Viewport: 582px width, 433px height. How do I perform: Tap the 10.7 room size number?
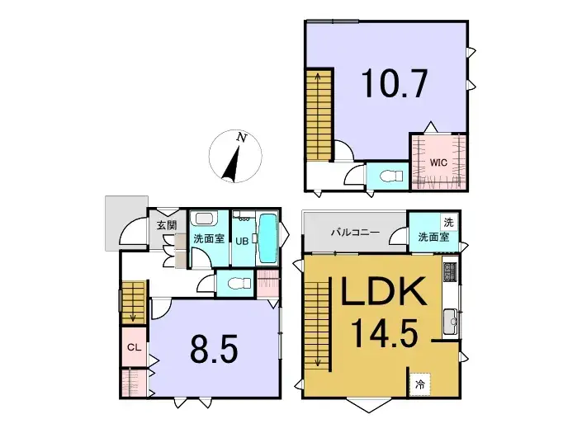coord(393,84)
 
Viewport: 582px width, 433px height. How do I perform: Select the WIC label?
coord(438,162)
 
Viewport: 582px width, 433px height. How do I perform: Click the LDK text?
coord(379,294)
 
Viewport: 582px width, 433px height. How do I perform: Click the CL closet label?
coord(132,347)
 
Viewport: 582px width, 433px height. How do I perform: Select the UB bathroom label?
coord(242,241)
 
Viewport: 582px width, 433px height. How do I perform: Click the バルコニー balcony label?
coord(355,233)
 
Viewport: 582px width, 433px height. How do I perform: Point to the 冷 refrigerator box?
coord(420,384)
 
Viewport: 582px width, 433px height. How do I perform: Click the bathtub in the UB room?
coord(267,238)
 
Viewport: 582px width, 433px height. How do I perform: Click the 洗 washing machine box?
coord(448,222)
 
